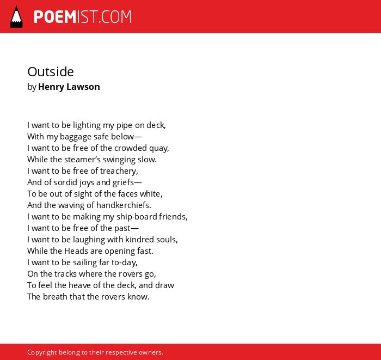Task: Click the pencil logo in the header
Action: tap(16, 17)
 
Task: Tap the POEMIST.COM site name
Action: tap(83, 17)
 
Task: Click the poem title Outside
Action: tap(51, 72)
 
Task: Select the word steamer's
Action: tap(77, 160)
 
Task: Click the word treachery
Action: tap(119, 171)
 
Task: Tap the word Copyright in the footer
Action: tap(42, 352)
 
